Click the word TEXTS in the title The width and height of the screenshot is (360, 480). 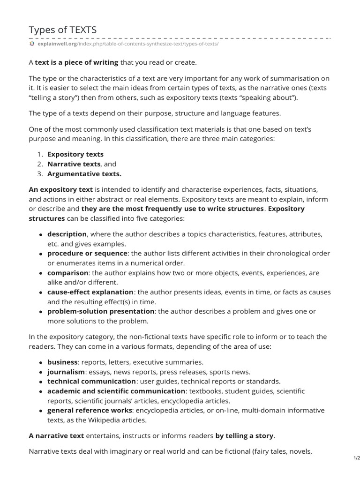[82, 30]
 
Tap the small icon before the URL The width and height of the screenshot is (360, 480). [32, 44]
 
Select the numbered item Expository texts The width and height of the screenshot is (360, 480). [75, 154]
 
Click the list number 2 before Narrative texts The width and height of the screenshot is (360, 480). [40, 164]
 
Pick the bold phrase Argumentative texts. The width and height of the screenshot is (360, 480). [84, 174]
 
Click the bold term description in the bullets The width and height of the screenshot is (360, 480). [67, 234]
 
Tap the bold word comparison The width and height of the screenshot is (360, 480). [67, 273]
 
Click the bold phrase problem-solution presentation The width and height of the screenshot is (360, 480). [101, 311]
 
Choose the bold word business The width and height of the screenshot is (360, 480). [62, 362]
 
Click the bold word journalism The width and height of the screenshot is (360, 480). [66, 372]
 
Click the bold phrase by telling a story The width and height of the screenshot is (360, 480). [244, 435]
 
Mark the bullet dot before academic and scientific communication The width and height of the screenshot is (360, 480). [41, 391]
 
